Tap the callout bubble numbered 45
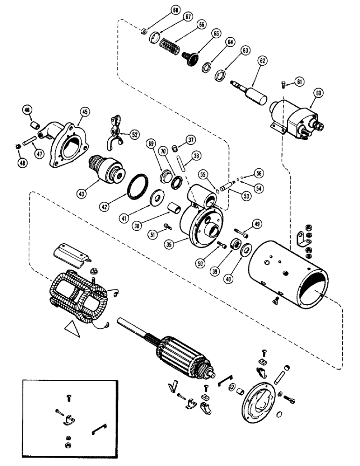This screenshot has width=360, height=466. (x=85, y=111)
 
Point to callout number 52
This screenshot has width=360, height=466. (x=135, y=135)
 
